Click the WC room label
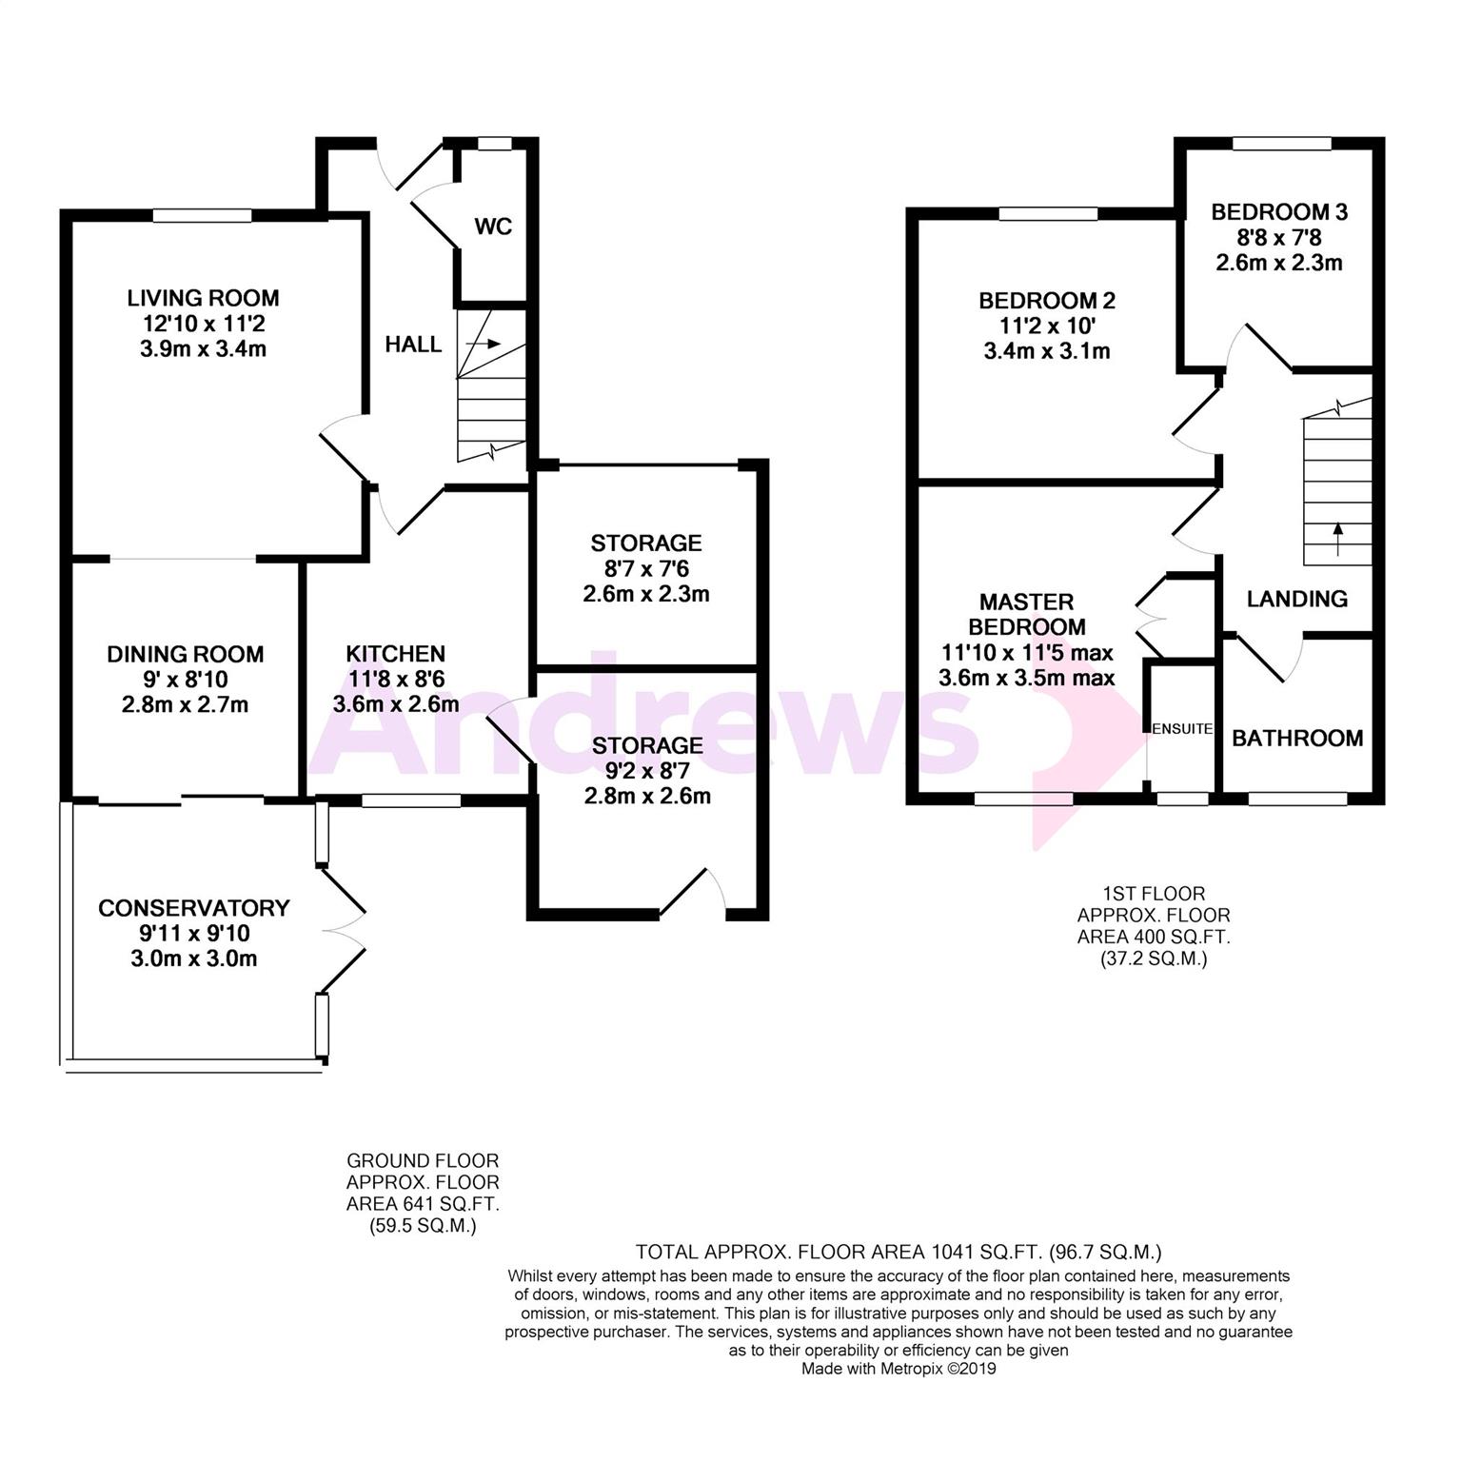click(x=493, y=227)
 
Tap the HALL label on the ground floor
click(x=413, y=345)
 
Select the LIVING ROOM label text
click(x=203, y=298)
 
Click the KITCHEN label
click(x=395, y=654)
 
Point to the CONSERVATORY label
click(x=194, y=908)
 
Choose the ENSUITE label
click(x=1182, y=729)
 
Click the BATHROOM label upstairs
click(x=1297, y=739)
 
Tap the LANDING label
click(x=1297, y=599)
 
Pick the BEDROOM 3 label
click(x=1279, y=211)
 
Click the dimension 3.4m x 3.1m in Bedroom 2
click(x=1047, y=351)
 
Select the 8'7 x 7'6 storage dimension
click(x=646, y=568)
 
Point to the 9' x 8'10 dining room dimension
click(x=186, y=680)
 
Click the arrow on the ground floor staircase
click(x=484, y=344)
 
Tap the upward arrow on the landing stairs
click(x=1338, y=538)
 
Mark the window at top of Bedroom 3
click(x=1282, y=144)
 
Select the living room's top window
click(x=203, y=216)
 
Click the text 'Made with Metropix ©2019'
click(x=899, y=1370)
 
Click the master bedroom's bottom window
click(x=1024, y=800)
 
